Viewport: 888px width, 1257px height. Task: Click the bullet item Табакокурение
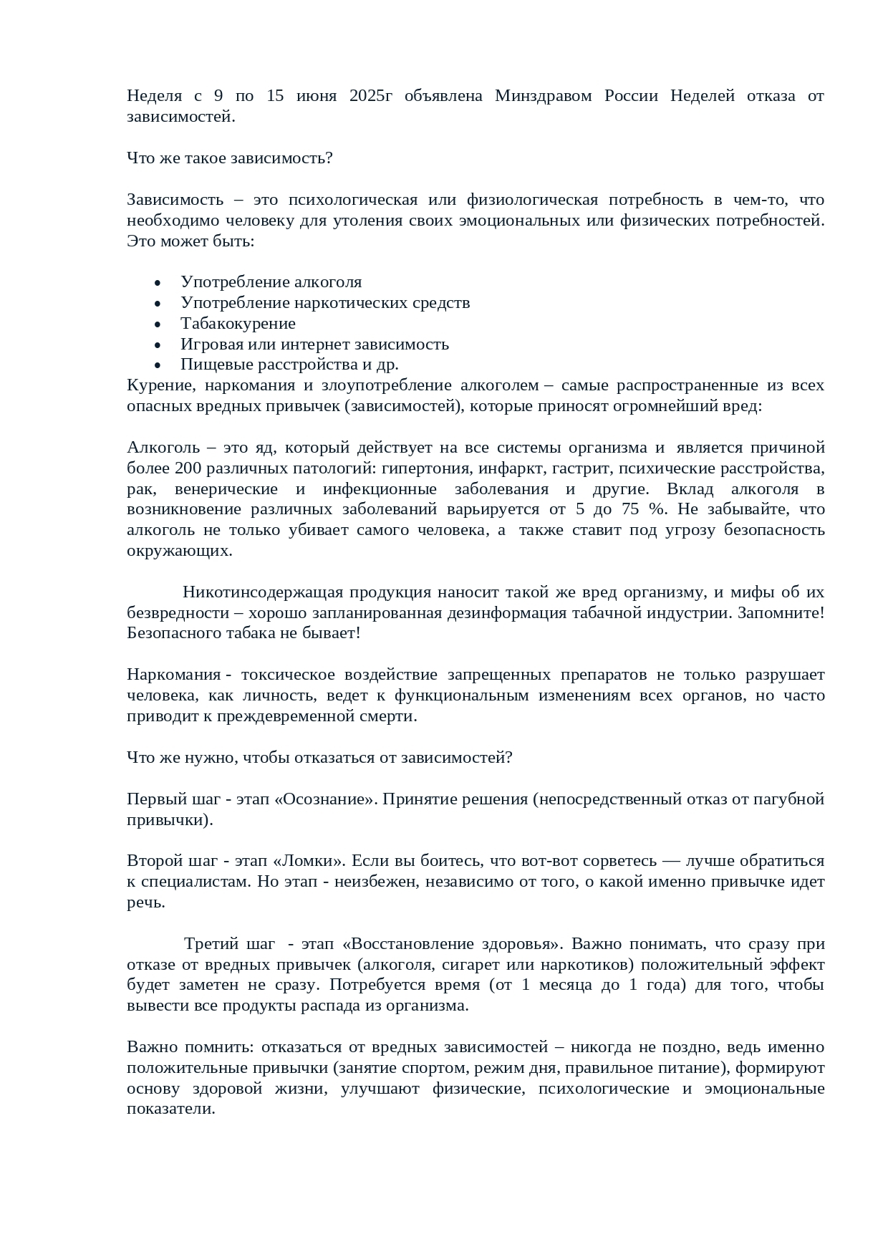pyautogui.click(x=238, y=323)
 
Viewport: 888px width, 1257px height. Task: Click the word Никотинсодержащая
pyautogui.click(x=254, y=592)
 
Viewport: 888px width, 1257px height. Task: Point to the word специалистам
pyautogui.click(x=190, y=881)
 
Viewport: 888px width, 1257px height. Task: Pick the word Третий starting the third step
pyautogui.click(x=209, y=943)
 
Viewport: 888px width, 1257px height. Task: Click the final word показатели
pyautogui.click(x=171, y=1109)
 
